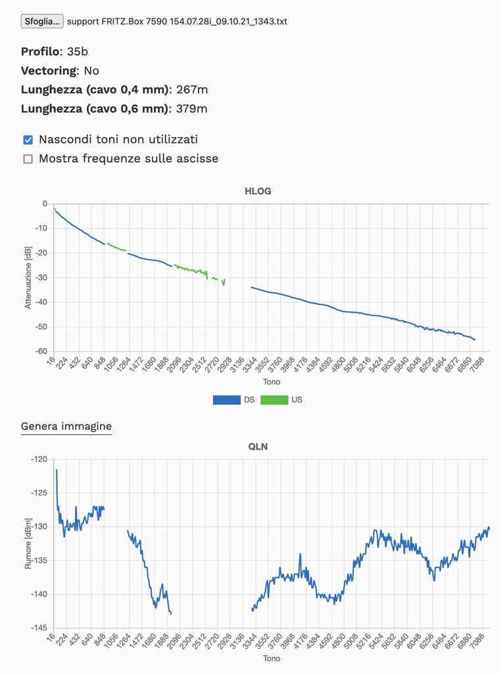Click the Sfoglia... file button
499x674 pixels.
(x=42, y=21)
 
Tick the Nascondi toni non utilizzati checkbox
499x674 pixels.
(x=28, y=140)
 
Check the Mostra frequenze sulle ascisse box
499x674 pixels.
(x=28, y=159)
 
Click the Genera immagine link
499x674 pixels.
(x=66, y=427)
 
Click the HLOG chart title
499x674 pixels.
(x=257, y=192)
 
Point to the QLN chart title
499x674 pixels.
(x=257, y=446)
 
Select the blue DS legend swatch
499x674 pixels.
(x=226, y=400)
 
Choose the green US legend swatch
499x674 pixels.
(x=274, y=400)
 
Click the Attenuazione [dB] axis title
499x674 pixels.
(x=28, y=278)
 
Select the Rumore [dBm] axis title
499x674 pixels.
(x=28, y=544)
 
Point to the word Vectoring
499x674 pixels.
(x=49, y=70)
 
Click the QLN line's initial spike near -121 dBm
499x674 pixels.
(x=57, y=471)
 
